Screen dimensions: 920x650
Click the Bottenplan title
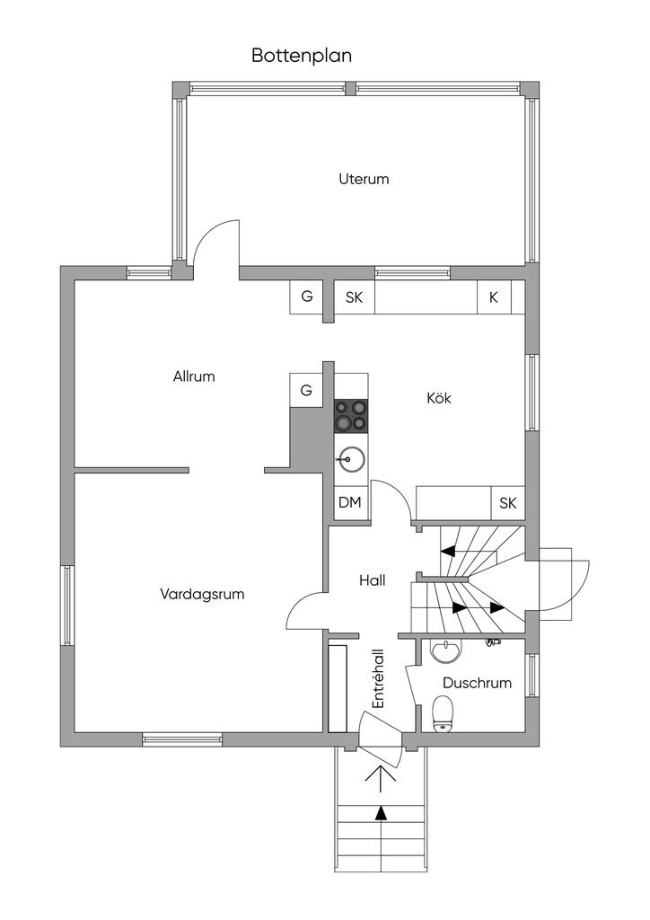[x=301, y=56]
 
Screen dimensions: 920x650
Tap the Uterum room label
[x=364, y=179]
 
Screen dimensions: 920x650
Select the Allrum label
[x=194, y=376]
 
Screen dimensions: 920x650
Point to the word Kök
[x=438, y=398]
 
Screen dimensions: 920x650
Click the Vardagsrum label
[x=202, y=594]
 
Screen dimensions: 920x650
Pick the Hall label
[x=372, y=581]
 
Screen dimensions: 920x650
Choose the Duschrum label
[x=477, y=683]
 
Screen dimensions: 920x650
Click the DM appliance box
[x=349, y=502]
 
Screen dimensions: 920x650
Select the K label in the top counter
[x=493, y=297]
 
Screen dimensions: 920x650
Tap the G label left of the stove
[x=306, y=390]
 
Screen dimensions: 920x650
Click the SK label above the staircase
[x=508, y=502]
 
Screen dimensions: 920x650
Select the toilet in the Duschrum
[x=443, y=715]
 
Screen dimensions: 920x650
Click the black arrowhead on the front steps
[x=382, y=813]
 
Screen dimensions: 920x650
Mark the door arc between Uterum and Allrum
[x=215, y=241]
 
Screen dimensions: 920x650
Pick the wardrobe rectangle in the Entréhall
[x=338, y=687]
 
